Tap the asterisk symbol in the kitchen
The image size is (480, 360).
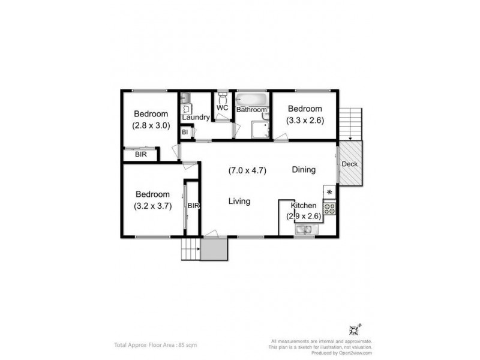(x=329, y=192)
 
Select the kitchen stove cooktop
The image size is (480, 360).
(x=329, y=208)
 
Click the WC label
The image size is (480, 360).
(x=222, y=108)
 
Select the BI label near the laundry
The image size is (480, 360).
(x=185, y=131)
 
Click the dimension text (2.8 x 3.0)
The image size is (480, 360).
(x=151, y=126)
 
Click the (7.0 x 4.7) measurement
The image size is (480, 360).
(x=247, y=170)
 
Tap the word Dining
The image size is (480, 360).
(x=304, y=170)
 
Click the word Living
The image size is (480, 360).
(x=239, y=202)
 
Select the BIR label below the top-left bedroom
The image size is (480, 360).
(x=140, y=155)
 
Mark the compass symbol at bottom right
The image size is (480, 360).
(x=354, y=329)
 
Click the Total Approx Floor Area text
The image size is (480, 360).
(x=155, y=345)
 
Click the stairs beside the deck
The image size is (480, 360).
(x=352, y=122)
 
